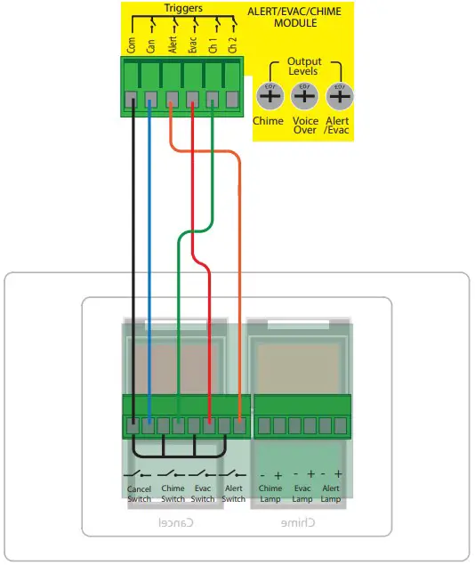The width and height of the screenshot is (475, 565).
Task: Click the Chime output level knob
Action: [x=269, y=95]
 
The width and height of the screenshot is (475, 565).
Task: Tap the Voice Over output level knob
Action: [x=304, y=95]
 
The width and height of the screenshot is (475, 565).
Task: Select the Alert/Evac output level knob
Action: [x=338, y=95]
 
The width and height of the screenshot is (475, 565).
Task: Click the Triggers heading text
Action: [x=183, y=8]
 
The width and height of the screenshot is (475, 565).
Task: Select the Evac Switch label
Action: [x=203, y=494]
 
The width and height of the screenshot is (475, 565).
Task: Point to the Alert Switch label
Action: [x=233, y=494]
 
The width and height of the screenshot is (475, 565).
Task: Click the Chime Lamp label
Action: [x=270, y=494]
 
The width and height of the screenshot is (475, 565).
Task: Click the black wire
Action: [x=133, y=267]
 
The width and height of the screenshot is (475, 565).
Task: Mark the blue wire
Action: [x=149, y=267]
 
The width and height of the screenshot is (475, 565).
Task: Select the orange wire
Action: [x=239, y=267]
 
